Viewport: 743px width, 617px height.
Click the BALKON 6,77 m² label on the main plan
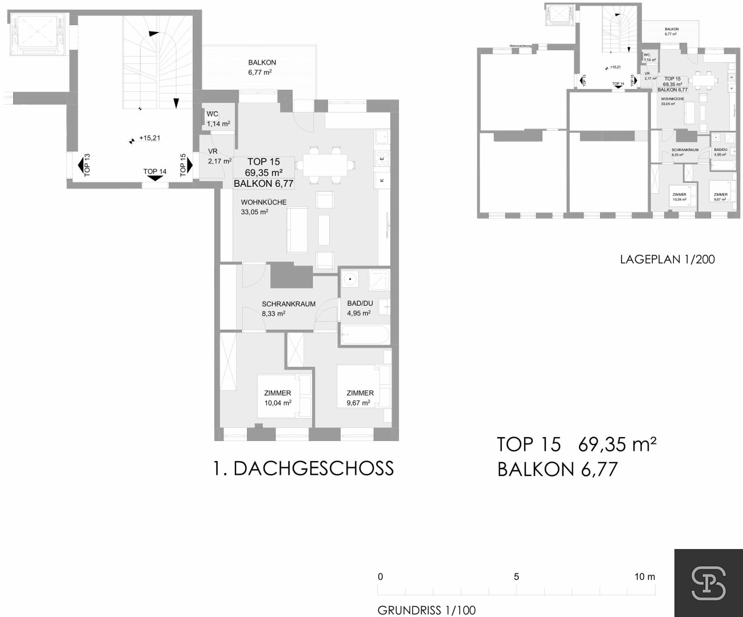pos(259,67)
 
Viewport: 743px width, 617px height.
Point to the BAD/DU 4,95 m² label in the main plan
pos(359,308)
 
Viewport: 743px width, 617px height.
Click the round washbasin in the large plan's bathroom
pos(349,280)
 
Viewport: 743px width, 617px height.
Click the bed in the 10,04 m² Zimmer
pos(284,395)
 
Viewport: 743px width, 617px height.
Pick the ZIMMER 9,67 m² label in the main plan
pos(359,398)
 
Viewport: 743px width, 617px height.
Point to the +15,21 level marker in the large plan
pos(146,138)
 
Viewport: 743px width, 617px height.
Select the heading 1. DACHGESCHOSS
pos(303,468)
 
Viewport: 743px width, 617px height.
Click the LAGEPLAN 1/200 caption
pos(667,259)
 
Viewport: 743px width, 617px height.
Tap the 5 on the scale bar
pos(516,576)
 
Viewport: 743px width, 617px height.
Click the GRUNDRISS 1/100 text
pos(426,610)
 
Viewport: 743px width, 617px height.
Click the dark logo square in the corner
pos(708,583)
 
